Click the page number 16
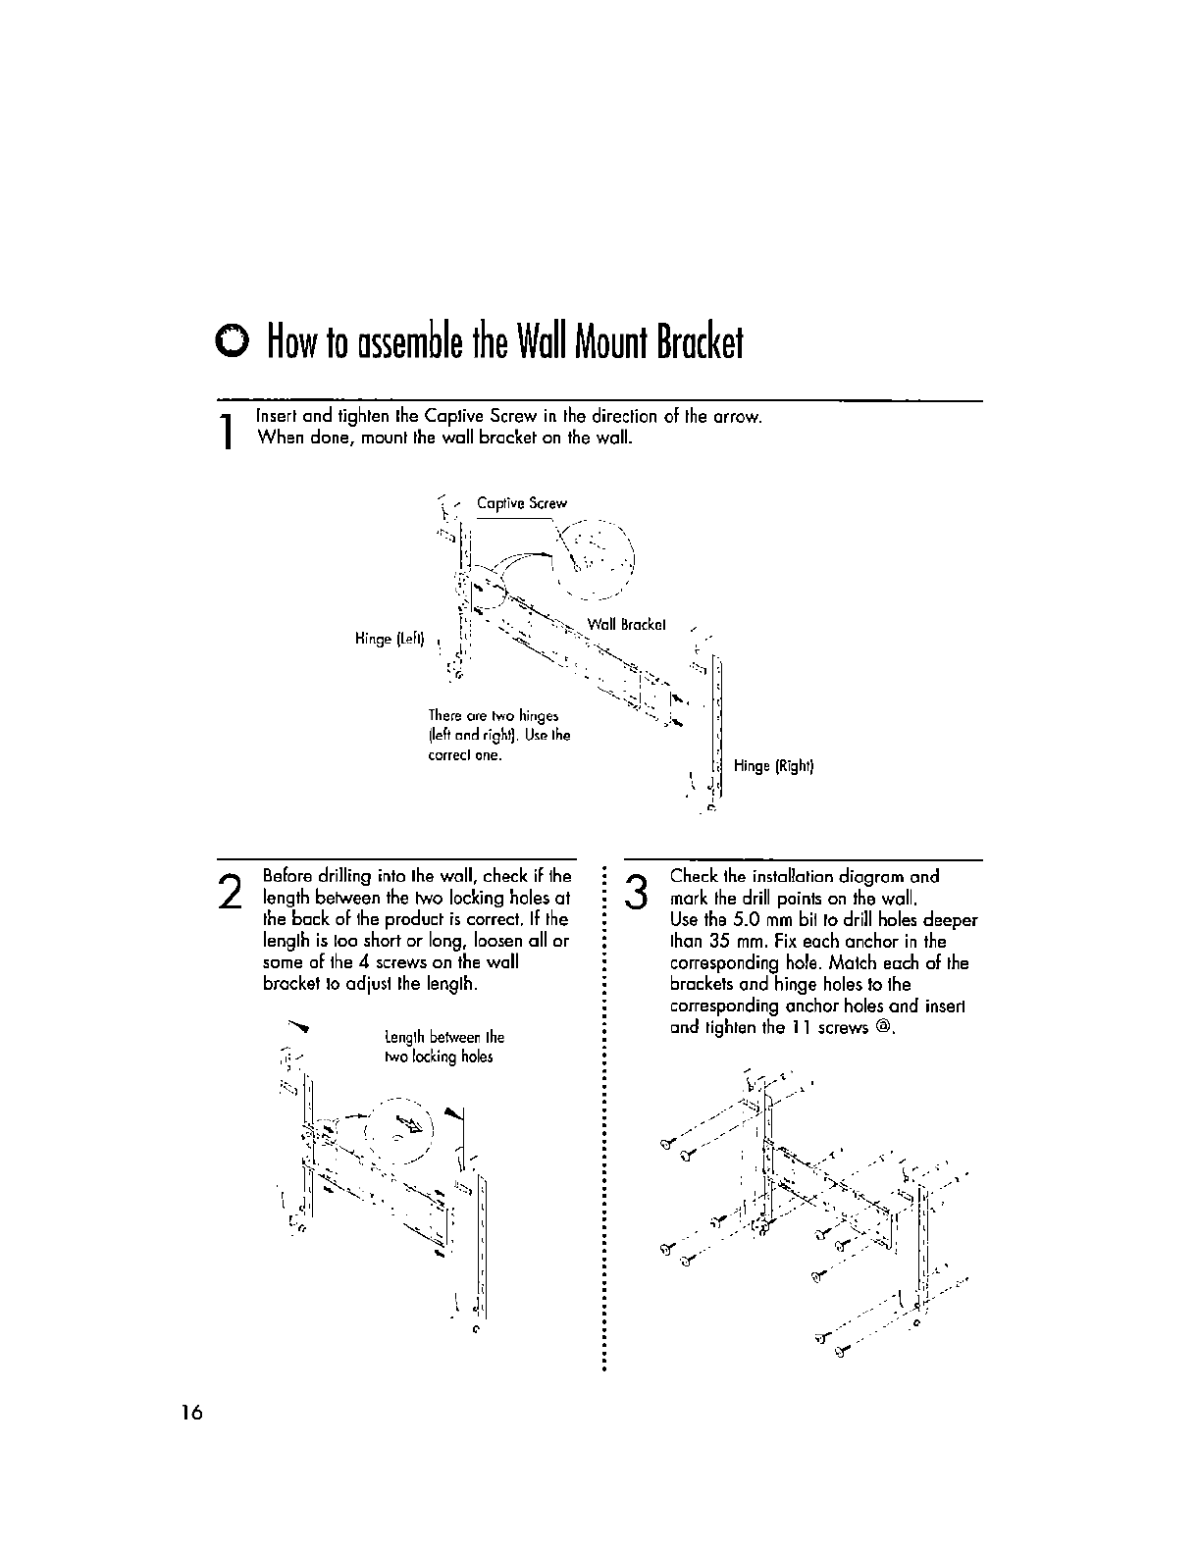[190, 1413]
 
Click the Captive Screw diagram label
[521, 503]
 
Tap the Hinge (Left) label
[389, 640]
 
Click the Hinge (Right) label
[774, 766]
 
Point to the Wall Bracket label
[627, 624]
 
